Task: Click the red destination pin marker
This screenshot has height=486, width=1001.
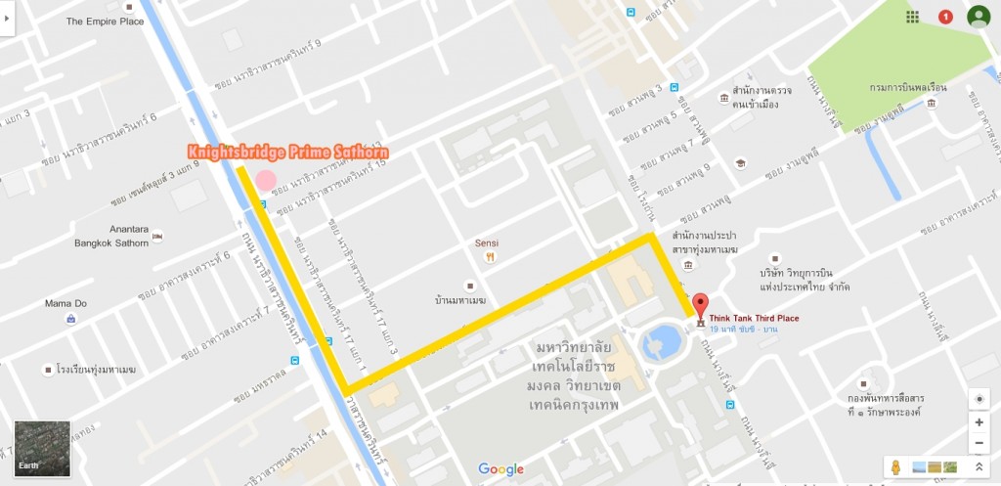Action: [699, 304]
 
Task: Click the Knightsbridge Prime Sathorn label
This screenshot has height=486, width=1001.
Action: [289, 153]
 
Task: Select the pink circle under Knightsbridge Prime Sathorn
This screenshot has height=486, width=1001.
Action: [266, 181]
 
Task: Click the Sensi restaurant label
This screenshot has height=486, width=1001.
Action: [487, 243]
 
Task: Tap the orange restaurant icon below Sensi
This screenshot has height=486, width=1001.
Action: [488, 257]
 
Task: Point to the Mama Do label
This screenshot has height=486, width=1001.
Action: [65, 303]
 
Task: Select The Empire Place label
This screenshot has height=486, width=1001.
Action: [105, 21]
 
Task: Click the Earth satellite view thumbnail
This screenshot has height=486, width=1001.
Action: [42, 449]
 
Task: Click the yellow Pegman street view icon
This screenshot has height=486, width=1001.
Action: [897, 467]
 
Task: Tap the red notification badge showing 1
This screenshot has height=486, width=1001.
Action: [945, 17]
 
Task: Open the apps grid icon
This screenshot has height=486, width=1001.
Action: [912, 17]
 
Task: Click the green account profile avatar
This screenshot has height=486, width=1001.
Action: [978, 16]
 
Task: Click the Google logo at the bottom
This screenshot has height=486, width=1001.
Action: [500, 469]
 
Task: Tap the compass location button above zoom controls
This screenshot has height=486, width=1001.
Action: [979, 398]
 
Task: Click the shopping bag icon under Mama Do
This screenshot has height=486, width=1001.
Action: [70, 319]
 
